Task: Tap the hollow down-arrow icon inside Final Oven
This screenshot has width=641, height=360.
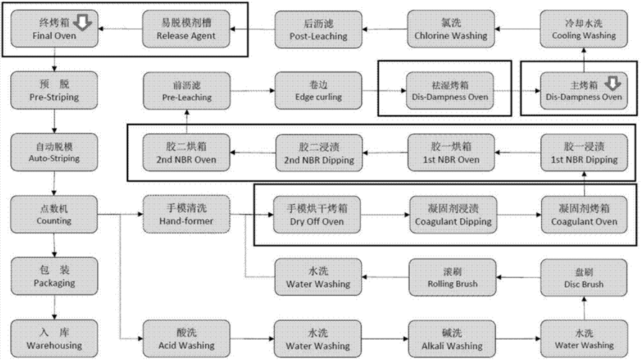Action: tap(84, 24)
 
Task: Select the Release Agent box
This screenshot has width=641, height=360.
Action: tap(187, 29)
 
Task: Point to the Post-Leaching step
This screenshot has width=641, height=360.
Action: tap(318, 29)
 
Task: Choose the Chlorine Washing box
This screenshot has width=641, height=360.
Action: tap(451, 29)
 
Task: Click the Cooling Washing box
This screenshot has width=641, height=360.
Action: tap(581, 29)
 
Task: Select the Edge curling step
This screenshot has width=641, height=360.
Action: tap(318, 91)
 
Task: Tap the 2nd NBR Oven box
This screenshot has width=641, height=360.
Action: tap(187, 153)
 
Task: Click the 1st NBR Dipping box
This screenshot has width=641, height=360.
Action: tap(581, 153)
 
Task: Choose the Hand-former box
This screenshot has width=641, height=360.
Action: tap(187, 214)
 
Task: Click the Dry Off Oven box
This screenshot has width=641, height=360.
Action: tap(318, 214)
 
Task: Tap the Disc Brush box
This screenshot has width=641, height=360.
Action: tap(581, 276)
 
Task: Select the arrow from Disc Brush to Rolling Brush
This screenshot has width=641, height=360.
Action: tap(518, 276)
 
